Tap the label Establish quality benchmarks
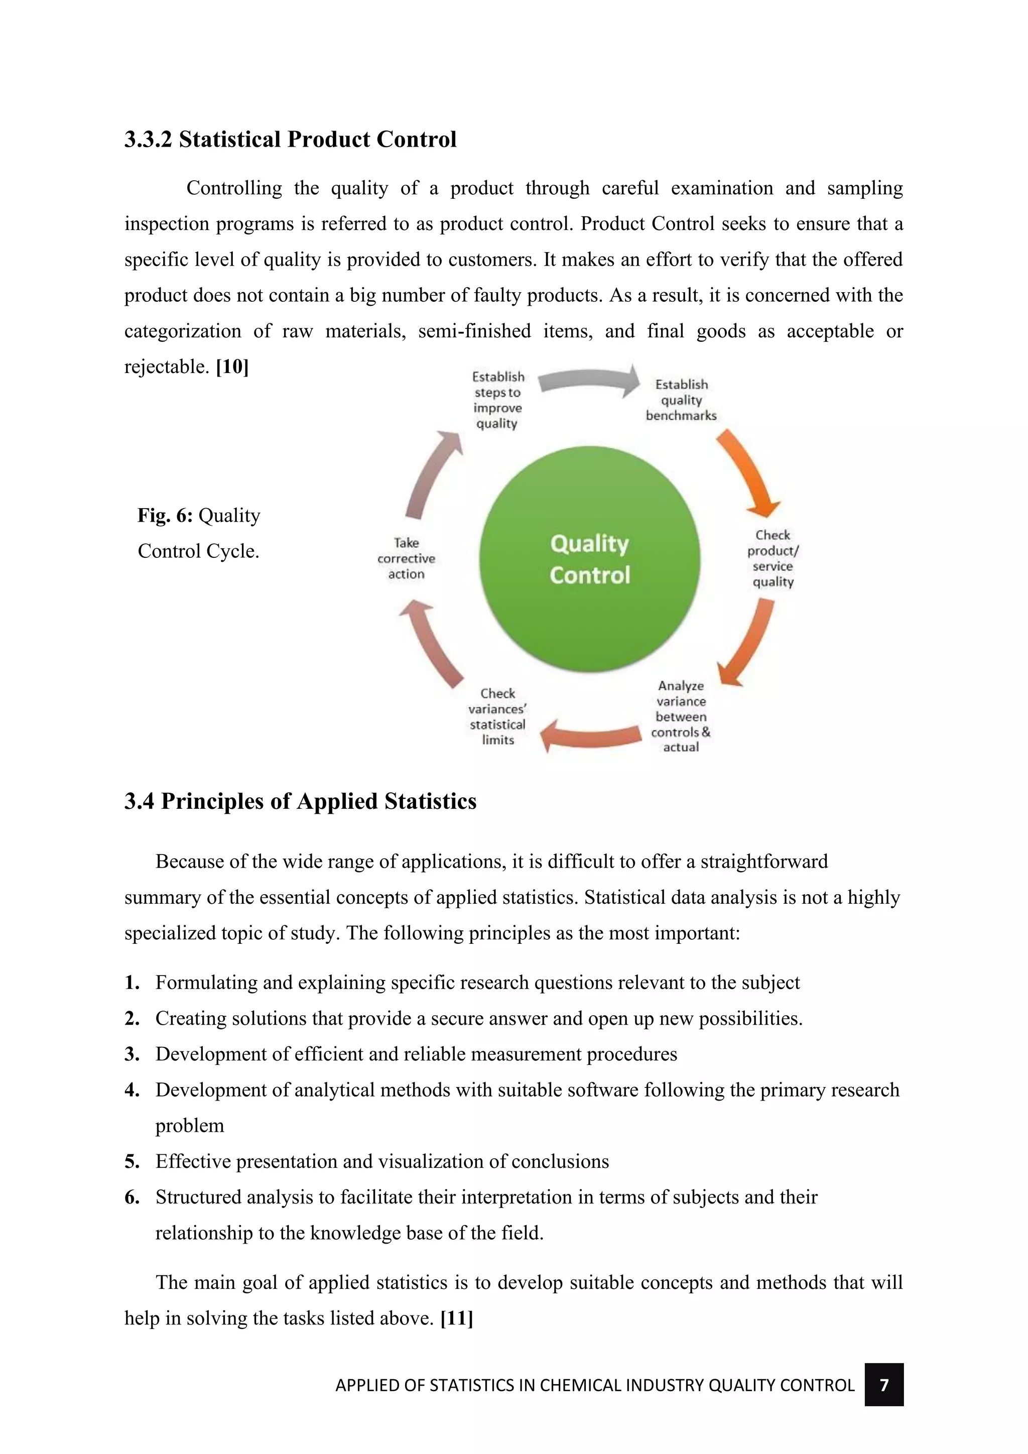(x=681, y=400)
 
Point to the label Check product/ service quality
(x=773, y=558)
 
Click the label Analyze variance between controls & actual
(x=681, y=716)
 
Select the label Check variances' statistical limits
(x=497, y=716)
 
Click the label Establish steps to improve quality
(x=497, y=400)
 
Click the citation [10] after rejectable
(x=232, y=367)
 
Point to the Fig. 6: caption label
(x=165, y=516)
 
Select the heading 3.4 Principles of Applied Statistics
(x=300, y=802)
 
